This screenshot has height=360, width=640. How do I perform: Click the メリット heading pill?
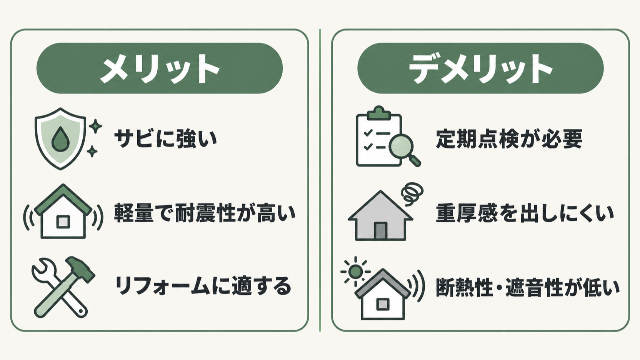[x=160, y=68]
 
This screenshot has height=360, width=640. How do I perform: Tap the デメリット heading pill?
[x=480, y=68]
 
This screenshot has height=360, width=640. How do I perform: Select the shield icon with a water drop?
[x=60, y=139]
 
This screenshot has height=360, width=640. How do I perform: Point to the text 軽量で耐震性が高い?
[x=205, y=213]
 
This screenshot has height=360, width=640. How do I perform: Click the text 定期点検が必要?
[x=509, y=139]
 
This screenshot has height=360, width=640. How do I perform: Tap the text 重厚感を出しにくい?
[x=525, y=213]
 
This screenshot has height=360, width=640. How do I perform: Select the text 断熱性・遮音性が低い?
[x=527, y=287]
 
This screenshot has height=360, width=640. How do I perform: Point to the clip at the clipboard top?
[x=378, y=113]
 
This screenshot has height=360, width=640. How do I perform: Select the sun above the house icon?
[x=355, y=272]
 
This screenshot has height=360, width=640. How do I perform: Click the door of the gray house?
[x=380, y=231]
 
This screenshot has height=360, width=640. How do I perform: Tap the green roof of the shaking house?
[x=63, y=200]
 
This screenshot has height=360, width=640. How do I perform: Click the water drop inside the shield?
[x=60, y=139]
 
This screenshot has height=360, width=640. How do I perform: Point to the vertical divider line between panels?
[x=320, y=180]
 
